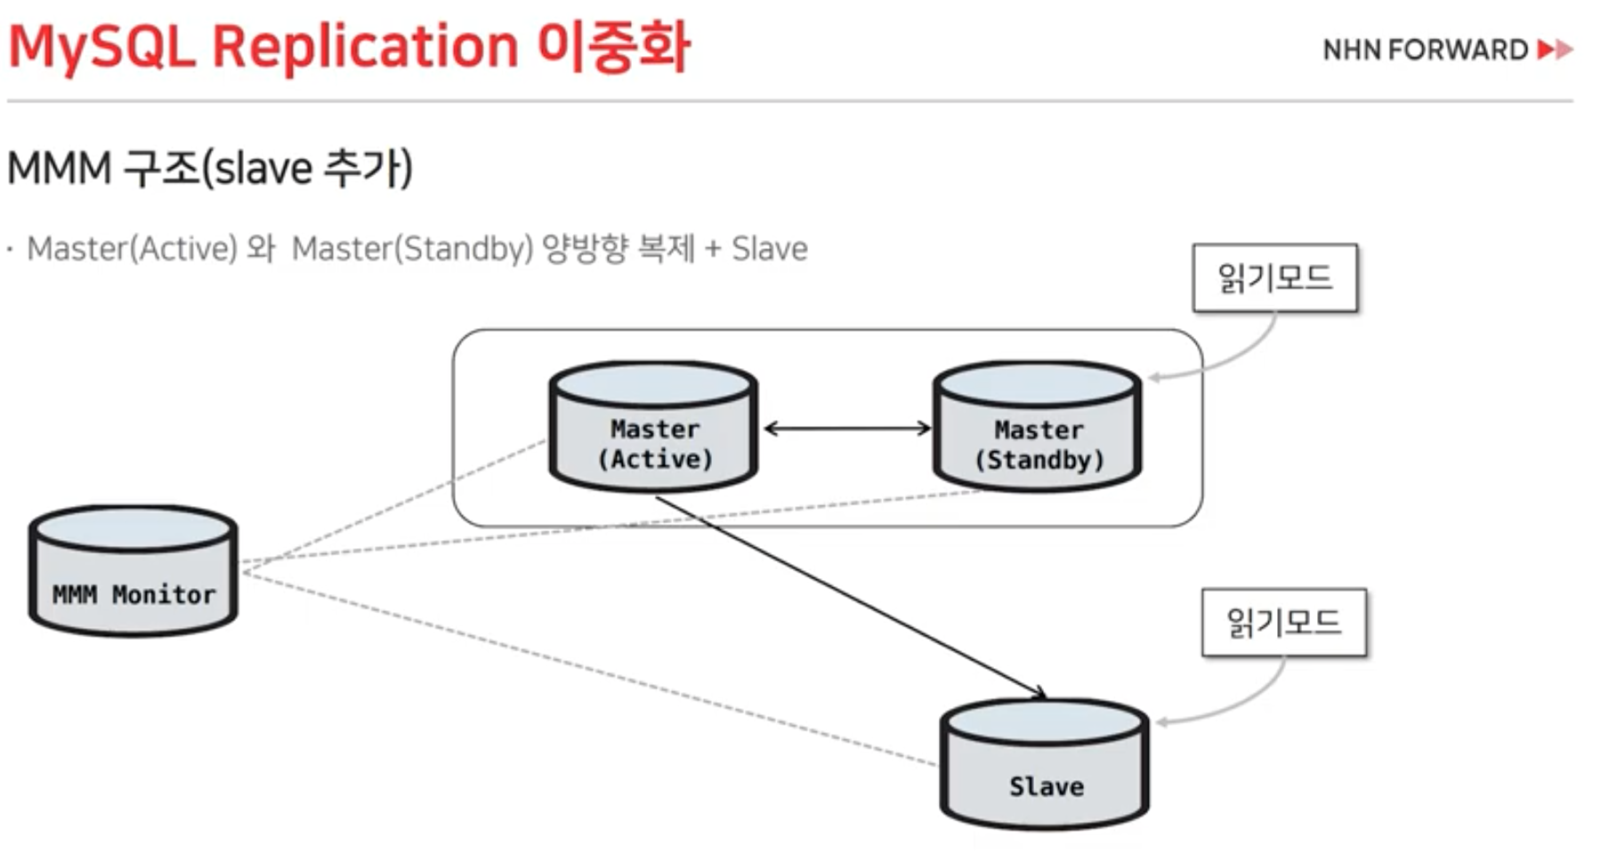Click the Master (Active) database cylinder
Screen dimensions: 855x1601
tap(654, 427)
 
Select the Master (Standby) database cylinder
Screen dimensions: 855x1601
tap(1038, 427)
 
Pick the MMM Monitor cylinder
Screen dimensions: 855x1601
tap(133, 571)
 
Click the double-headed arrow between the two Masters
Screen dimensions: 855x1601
tap(846, 429)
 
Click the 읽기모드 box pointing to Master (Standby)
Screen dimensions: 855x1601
tap(1274, 278)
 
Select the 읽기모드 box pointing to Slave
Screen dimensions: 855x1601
tap(1283, 623)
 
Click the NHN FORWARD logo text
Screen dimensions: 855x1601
tap(1425, 50)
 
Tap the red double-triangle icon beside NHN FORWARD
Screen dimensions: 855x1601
tap(1556, 50)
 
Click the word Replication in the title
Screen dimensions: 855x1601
tap(365, 46)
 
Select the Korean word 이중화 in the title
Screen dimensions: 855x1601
tap(614, 46)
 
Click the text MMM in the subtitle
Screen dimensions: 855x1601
tap(59, 168)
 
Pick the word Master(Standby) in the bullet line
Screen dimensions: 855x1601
tap(412, 249)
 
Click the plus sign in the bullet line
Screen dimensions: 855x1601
tap(712, 250)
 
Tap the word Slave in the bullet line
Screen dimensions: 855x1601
tap(770, 249)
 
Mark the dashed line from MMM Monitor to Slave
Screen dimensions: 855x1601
tap(587, 667)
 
